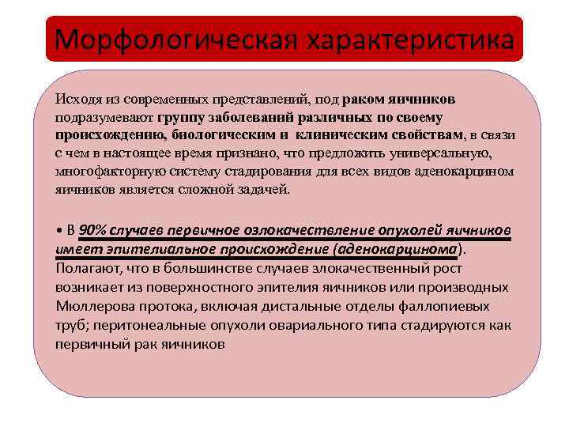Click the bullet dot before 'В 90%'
point(59,230)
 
